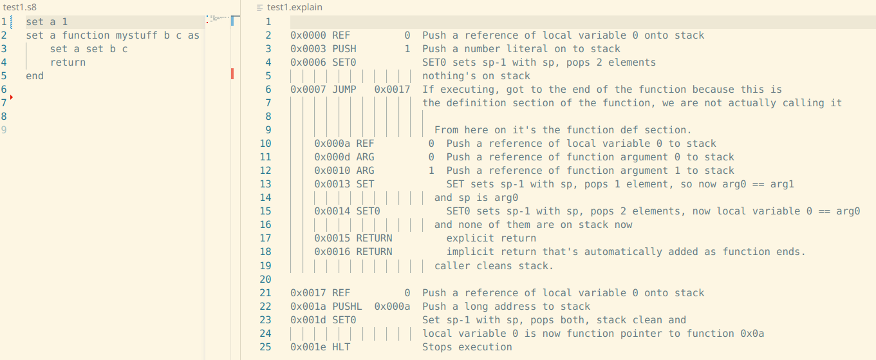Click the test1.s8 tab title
coord(19,7)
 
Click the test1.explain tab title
coord(295,7)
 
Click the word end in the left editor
coord(35,76)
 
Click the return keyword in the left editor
coord(68,62)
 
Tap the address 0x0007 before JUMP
coord(308,90)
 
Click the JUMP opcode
coord(344,90)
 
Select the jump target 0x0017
coord(392,90)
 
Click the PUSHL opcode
coord(348,307)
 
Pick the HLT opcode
coord(341,347)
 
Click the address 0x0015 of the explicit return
coord(332,238)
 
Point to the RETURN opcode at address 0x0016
coord(374,252)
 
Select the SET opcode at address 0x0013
coord(365,184)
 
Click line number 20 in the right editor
coord(266,279)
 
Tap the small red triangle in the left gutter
coord(12,97)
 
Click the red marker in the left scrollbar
coord(232,73)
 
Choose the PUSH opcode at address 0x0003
coord(344,49)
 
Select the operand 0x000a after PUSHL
coord(392,307)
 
